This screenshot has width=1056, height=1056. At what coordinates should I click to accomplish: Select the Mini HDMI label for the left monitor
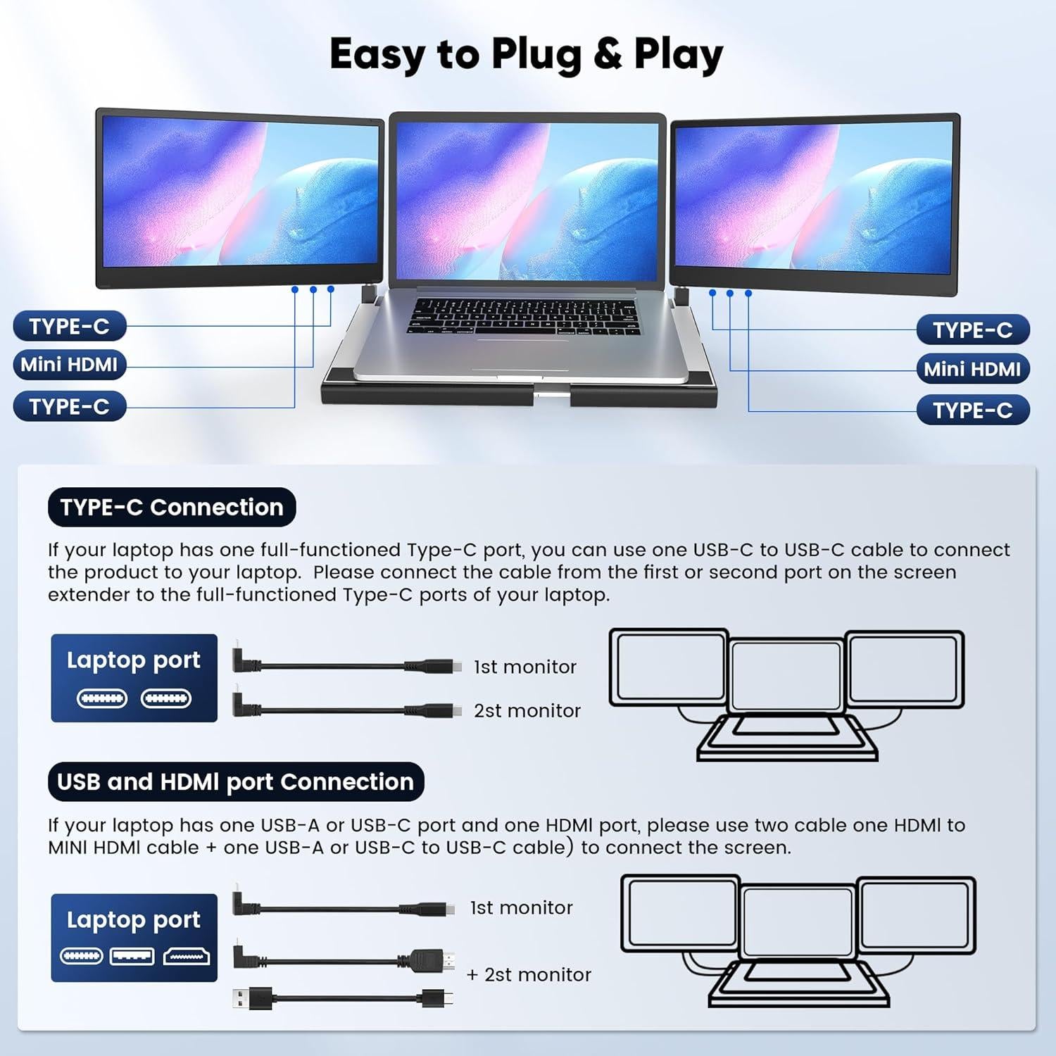pos(69,365)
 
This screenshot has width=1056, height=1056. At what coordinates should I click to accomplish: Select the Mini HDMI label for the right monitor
pos(972,369)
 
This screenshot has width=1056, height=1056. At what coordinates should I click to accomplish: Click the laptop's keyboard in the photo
pos(524,315)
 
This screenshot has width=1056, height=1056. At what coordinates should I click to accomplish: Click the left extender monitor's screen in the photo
pos(239,197)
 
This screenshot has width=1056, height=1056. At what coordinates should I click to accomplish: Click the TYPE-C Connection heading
pos(172,507)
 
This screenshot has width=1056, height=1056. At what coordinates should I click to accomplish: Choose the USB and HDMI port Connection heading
pos(235,781)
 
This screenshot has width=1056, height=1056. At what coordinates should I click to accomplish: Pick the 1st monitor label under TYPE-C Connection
pos(524,667)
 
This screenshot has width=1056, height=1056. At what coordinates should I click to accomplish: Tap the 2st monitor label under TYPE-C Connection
pos(527,711)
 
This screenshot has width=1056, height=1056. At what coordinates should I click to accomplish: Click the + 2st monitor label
pos(529,974)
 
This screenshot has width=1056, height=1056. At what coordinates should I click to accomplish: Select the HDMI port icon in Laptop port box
pos(187,956)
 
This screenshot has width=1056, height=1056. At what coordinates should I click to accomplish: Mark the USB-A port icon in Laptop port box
pos(132,956)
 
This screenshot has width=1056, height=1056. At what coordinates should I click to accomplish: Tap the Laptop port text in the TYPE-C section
pos(133,660)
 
